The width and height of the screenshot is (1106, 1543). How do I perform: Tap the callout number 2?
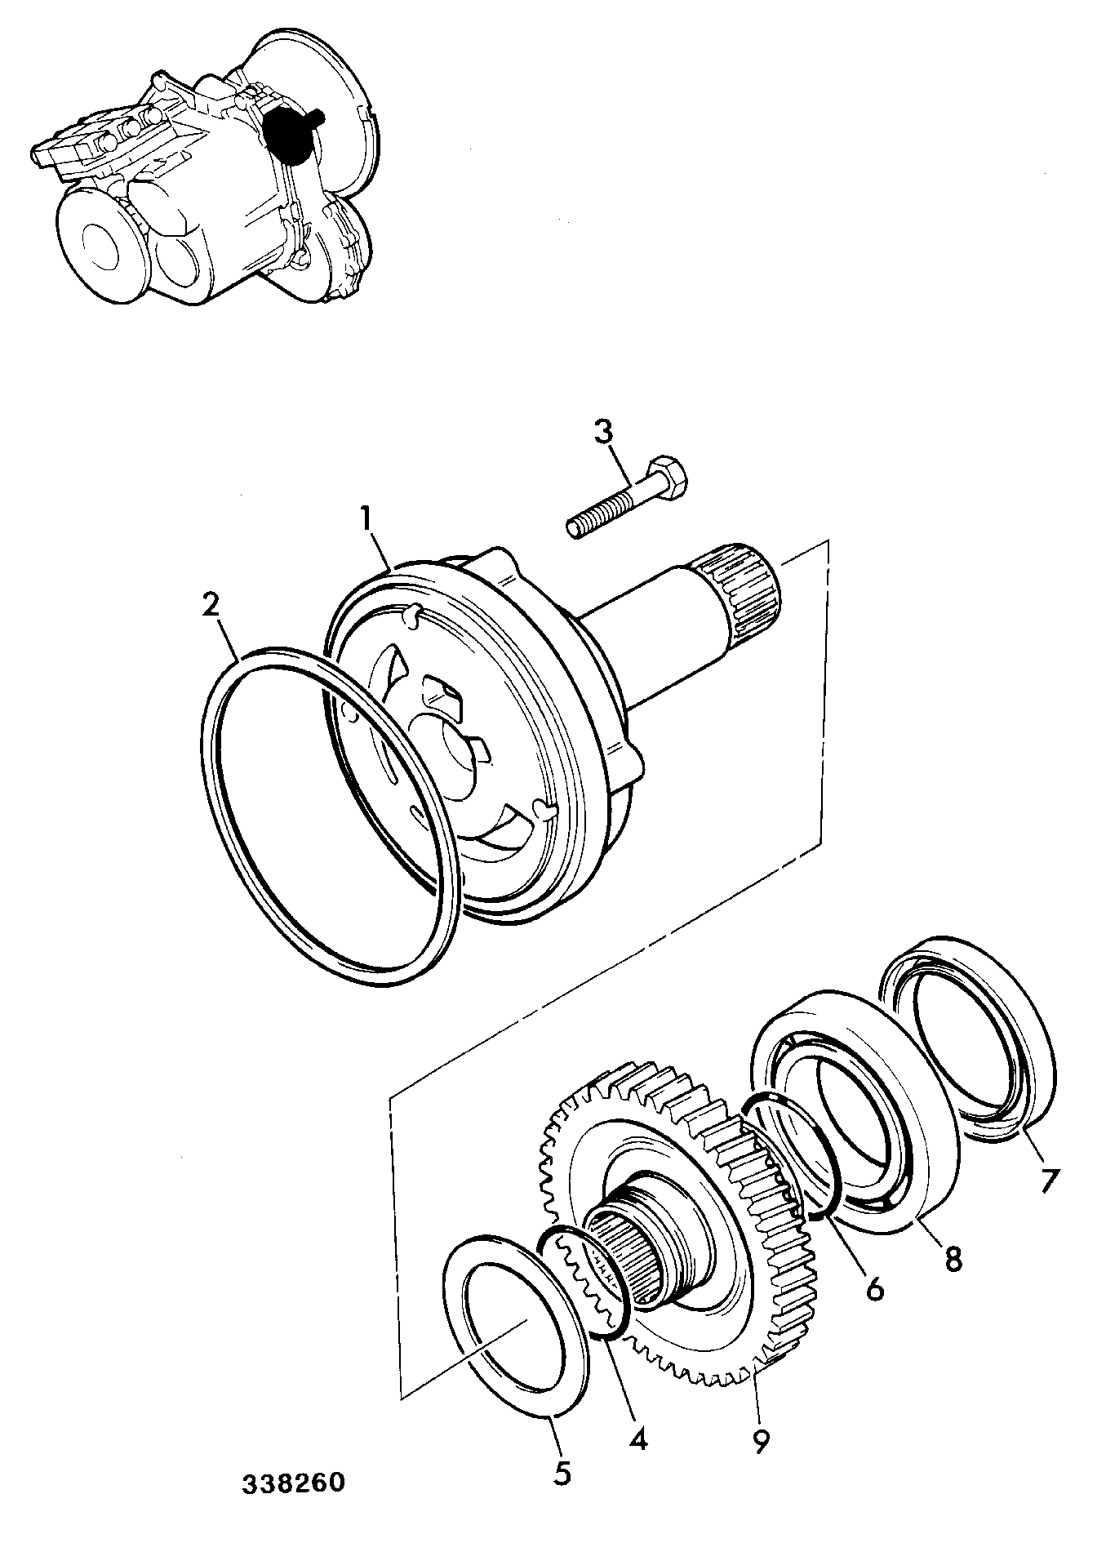[x=211, y=606]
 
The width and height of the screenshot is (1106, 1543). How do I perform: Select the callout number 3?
[x=603, y=432]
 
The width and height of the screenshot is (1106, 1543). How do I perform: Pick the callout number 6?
[x=873, y=1288]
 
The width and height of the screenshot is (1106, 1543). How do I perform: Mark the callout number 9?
[x=761, y=1442]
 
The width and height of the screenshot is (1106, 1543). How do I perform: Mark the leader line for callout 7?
[x=1033, y=1148]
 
